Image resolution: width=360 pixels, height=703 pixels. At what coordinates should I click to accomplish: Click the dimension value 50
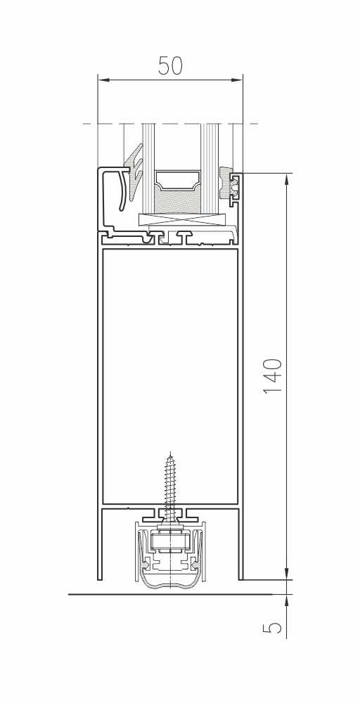[x=170, y=66]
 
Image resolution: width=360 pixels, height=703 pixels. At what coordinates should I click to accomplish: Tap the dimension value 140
[x=273, y=375]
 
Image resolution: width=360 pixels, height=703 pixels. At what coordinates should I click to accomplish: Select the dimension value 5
[x=273, y=627]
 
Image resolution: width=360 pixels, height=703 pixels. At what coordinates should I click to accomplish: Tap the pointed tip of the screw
[x=170, y=453]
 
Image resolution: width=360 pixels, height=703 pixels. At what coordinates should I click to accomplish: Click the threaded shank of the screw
[x=170, y=484]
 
